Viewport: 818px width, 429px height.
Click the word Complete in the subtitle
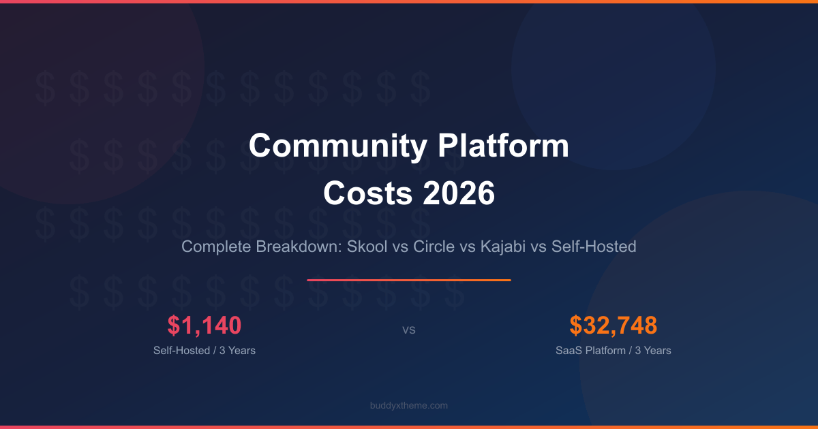point(216,247)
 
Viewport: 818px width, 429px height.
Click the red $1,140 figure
point(204,325)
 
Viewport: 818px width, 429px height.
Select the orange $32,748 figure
point(613,325)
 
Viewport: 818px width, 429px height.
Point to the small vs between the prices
point(409,330)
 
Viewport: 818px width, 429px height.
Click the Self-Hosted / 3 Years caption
point(204,351)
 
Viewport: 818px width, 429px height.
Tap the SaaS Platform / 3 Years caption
point(613,351)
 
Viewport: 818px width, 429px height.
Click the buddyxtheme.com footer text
point(409,405)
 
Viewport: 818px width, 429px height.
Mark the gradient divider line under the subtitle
point(409,280)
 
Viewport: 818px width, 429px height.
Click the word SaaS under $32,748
point(569,351)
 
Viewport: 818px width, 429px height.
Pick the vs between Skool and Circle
point(400,247)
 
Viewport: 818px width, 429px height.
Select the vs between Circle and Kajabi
point(467,247)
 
